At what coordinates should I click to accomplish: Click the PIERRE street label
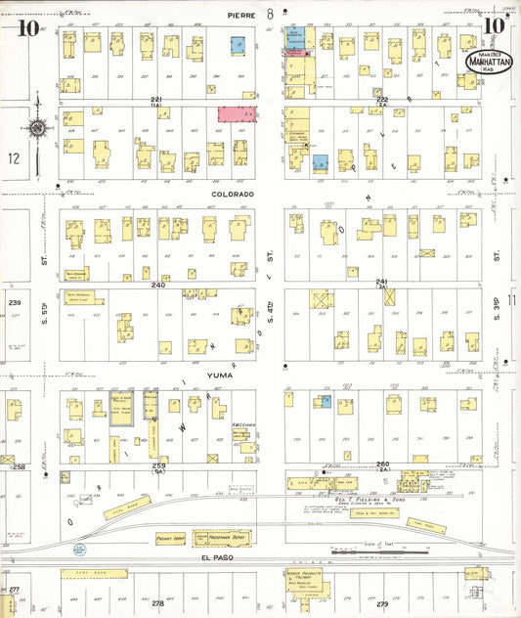click(240, 16)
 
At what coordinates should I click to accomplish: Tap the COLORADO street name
click(234, 194)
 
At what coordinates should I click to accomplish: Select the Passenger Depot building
click(218, 538)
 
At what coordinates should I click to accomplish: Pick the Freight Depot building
click(170, 538)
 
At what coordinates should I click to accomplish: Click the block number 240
click(157, 286)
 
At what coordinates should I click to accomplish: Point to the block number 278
click(157, 604)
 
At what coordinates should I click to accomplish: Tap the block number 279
click(382, 604)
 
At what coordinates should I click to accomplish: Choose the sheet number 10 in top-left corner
click(27, 27)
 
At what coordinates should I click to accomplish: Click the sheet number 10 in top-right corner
click(494, 26)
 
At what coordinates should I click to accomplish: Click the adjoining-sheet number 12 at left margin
click(13, 157)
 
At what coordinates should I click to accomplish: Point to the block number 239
click(15, 303)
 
